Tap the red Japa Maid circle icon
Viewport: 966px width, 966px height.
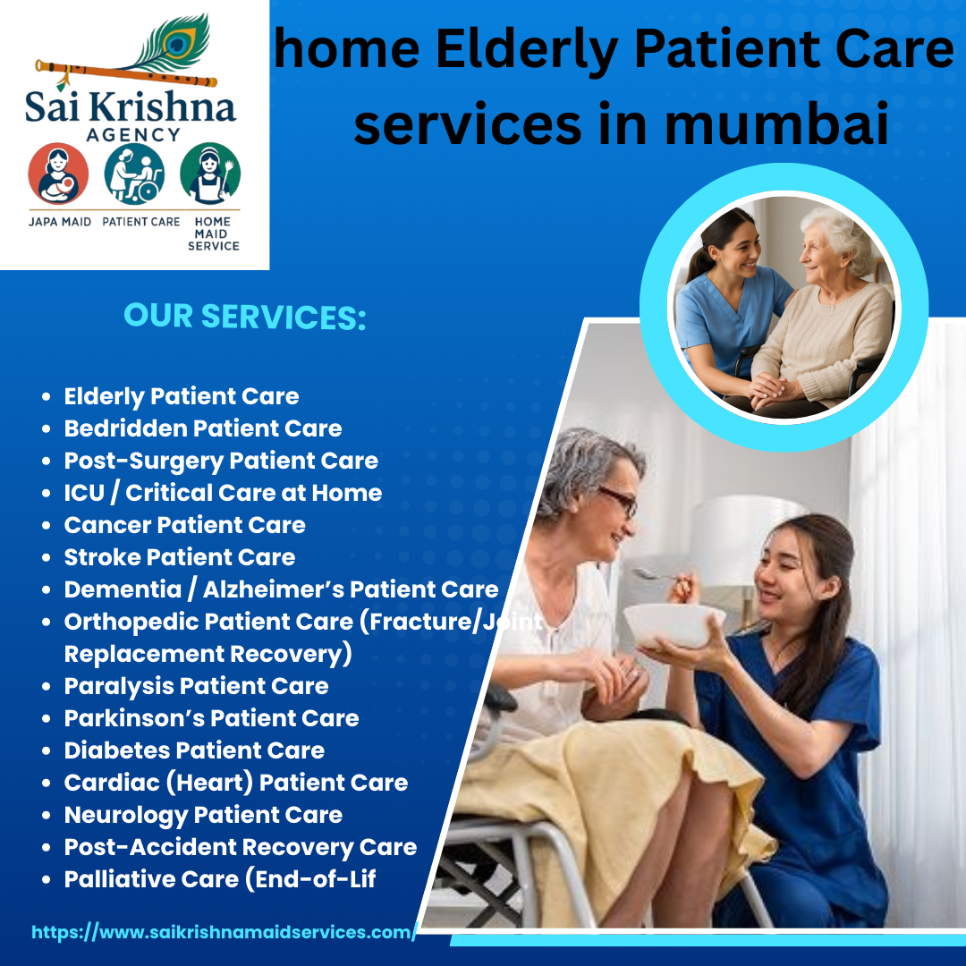(x=58, y=174)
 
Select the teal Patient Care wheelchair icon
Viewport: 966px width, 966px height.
(x=134, y=174)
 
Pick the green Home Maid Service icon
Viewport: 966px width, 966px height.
(x=210, y=174)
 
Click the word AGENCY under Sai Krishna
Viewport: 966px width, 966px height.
(x=133, y=134)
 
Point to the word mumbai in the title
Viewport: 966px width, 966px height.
(x=777, y=123)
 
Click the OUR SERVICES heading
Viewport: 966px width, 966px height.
(x=245, y=317)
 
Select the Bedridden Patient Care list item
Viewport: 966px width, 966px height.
(x=203, y=428)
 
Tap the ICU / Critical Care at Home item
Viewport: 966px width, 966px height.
(x=223, y=493)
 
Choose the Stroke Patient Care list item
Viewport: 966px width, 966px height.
(x=180, y=557)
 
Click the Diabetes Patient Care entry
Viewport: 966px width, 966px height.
(x=194, y=750)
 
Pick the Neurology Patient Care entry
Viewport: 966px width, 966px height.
(x=203, y=815)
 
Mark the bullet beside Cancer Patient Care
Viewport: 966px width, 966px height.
(x=47, y=526)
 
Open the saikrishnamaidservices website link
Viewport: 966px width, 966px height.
(x=225, y=932)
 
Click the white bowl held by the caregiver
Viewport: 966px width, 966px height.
(x=674, y=624)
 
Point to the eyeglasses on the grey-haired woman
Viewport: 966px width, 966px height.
(x=617, y=500)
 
